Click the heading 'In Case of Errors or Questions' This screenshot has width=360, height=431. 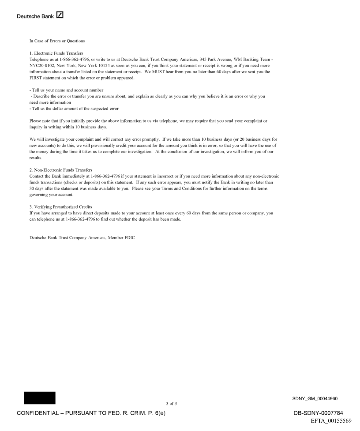(57, 41)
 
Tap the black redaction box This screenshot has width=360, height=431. (40, 397)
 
